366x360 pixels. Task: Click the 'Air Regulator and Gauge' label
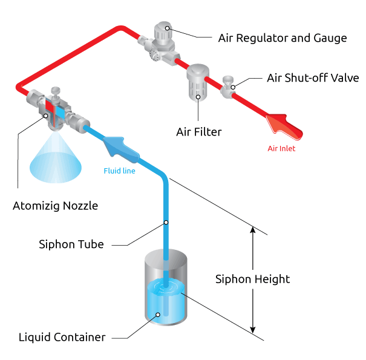pyautogui.click(x=282, y=38)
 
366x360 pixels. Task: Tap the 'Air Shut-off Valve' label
pyautogui.click(x=313, y=79)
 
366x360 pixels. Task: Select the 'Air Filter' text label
pyautogui.click(x=199, y=131)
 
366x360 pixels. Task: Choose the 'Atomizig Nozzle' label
pyautogui.click(x=55, y=206)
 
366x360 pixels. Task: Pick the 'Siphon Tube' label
pyautogui.click(x=71, y=244)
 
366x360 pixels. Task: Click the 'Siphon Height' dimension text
pyautogui.click(x=252, y=279)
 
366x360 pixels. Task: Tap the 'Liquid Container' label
pyautogui.click(x=62, y=337)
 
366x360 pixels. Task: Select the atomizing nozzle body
pyautogui.click(x=55, y=109)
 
